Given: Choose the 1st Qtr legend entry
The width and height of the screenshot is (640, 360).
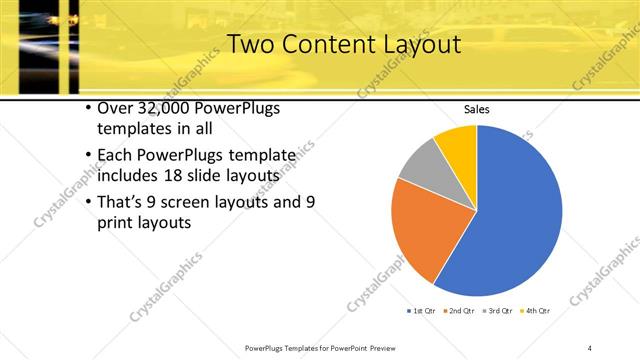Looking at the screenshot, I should pos(421,311).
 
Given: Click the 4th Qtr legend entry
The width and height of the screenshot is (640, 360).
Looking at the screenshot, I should pos(537,311).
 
